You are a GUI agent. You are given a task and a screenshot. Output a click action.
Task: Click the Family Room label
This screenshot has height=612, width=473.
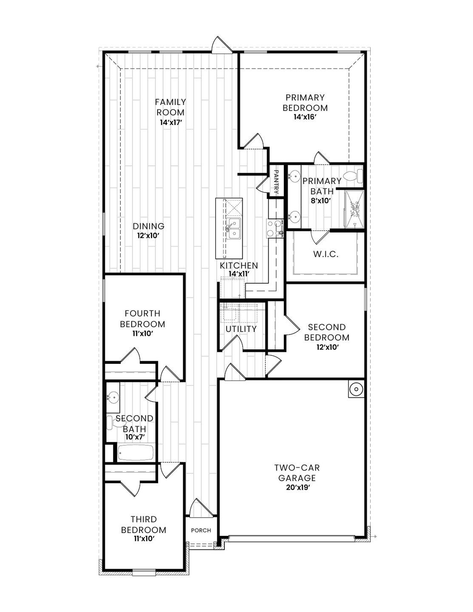tap(170, 107)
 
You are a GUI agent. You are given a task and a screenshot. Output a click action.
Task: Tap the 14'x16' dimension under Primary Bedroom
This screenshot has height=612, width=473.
tap(305, 117)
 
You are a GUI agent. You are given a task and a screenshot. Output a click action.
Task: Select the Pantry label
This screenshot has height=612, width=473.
tap(276, 182)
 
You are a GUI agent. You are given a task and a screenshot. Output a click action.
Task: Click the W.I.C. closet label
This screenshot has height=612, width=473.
tap(326, 255)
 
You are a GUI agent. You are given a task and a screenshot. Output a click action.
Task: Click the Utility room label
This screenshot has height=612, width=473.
tap(241, 329)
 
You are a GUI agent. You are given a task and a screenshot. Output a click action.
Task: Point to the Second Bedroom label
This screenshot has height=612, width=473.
tap(326, 332)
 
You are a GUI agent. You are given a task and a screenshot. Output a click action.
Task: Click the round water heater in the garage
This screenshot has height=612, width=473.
tap(355, 389)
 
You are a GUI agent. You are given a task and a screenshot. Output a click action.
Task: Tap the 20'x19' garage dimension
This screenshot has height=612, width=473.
tap(297, 488)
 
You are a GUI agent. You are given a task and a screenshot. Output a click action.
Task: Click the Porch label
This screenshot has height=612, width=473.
tap(201, 530)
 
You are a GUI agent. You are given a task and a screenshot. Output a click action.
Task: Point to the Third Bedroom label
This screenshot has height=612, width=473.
tap(143, 525)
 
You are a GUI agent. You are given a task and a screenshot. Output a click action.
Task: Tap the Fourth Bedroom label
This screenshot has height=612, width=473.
tap(142, 319)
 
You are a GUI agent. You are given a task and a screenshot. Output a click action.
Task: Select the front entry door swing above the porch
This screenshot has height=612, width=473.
tap(198, 507)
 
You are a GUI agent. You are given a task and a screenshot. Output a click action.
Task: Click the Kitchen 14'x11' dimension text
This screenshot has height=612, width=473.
tap(238, 274)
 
